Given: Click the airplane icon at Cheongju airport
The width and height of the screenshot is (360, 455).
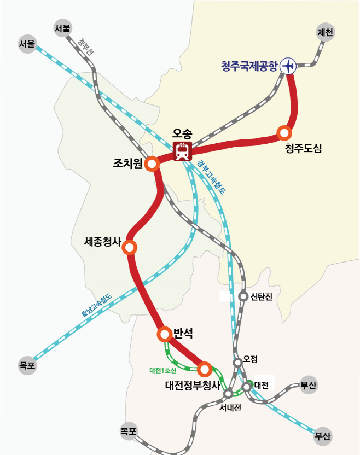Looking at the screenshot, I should pyautogui.click(x=288, y=66).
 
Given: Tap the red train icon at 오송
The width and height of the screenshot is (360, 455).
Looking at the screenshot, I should pyautogui.click(x=182, y=150).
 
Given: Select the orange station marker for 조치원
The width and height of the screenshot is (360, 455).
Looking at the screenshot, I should pyautogui.click(x=152, y=164).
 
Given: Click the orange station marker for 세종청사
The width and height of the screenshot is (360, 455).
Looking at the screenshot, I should pyautogui.click(x=130, y=248).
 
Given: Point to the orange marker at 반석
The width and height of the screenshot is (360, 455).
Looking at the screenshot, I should pyautogui.click(x=164, y=334).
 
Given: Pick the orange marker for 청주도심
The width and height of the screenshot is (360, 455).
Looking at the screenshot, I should pyautogui.click(x=284, y=132).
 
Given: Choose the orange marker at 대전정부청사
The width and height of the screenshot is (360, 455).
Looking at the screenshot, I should pyautogui.click(x=204, y=368).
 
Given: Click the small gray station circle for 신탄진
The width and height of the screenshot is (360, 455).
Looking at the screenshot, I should pyautogui.click(x=243, y=296).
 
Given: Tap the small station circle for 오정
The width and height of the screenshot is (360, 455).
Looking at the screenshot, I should pyautogui.click(x=237, y=362).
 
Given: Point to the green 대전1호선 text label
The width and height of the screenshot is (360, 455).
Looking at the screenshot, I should pyautogui.click(x=162, y=370).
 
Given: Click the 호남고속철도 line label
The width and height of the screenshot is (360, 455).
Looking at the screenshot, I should pyautogui.click(x=96, y=306).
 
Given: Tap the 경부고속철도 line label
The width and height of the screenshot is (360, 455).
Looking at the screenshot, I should pyautogui.click(x=211, y=177).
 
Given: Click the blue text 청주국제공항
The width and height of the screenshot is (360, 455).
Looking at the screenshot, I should pyautogui.click(x=249, y=66).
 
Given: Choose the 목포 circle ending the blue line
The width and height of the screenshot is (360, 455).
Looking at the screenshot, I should pyautogui.click(x=27, y=365).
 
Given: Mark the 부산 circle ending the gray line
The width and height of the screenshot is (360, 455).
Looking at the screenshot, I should pyautogui.click(x=309, y=385).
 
